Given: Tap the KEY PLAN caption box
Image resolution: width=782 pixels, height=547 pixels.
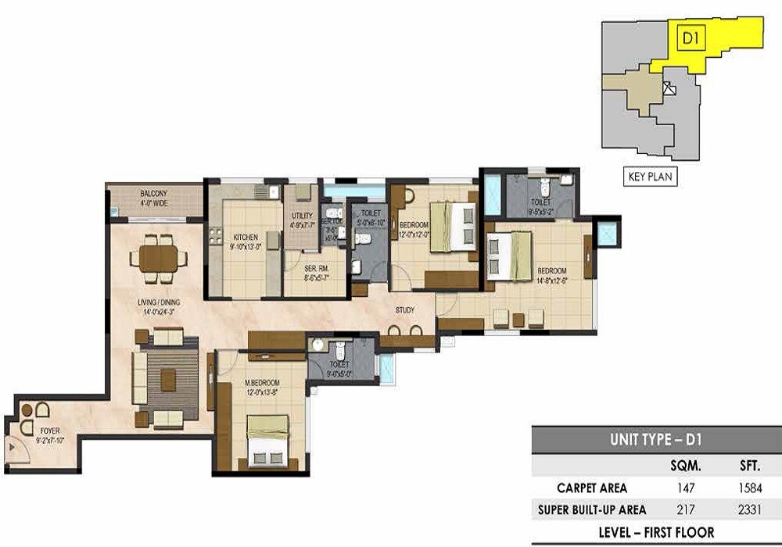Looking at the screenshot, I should pyautogui.click(x=650, y=177).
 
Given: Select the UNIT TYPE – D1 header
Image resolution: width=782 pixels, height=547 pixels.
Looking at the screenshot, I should pyautogui.click(x=655, y=440).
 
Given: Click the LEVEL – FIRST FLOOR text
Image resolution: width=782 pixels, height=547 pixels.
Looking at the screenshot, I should pyautogui.click(x=655, y=533).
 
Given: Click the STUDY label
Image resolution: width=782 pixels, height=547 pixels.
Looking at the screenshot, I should pyautogui.click(x=404, y=310).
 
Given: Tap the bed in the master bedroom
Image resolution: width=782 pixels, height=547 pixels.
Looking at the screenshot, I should pyautogui.click(x=267, y=441).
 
